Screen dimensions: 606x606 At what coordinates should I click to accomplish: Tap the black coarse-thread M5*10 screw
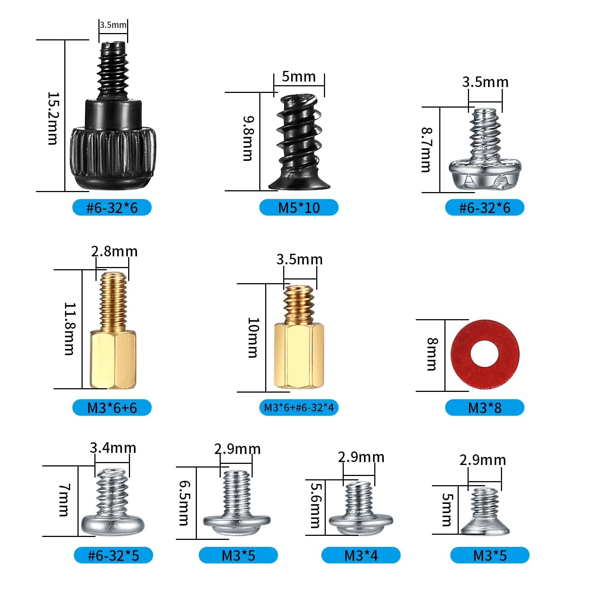click(x=299, y=142)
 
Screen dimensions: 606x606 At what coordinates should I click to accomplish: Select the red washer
click(x=485, y=355)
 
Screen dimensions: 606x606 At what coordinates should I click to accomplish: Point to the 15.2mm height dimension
click(x=53, y=118)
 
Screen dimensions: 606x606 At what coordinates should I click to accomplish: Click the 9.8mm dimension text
click(x=248, y=138)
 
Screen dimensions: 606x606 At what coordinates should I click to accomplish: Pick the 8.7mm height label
click(x=427, y=150)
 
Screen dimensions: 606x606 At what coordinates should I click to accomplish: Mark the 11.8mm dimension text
click(x=70, y=329)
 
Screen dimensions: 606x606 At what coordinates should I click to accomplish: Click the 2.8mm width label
click(x=115, y=252)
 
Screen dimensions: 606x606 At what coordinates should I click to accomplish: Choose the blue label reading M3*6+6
click(x=112, y=408)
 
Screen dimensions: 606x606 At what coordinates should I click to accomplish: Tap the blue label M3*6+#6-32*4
click(x=299, y=408)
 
